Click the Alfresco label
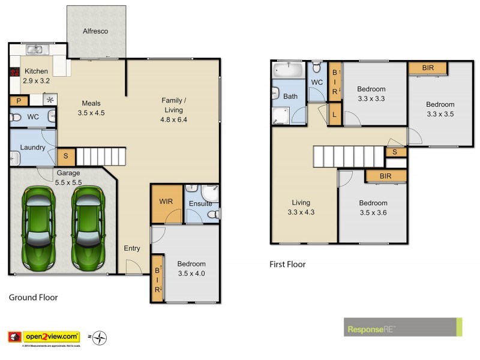[95, 31]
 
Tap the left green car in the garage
[37, 229]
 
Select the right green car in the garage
[88, 229]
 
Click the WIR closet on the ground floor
[166, 202]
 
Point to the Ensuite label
[200, 203]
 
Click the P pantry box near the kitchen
[19, 101]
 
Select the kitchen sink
[37, 50]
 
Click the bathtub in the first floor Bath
[289, 70]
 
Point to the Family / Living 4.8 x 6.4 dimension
[175, 119]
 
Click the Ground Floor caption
[33, 297]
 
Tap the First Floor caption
[287, 264]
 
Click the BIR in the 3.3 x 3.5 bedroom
[428, 68]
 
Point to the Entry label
[132, 248]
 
